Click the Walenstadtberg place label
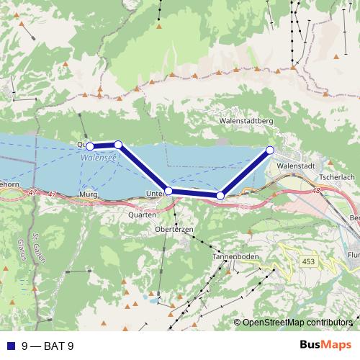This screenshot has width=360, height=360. coord(246,122)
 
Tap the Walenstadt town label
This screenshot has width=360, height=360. coord(296,165)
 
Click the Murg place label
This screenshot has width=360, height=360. coord(89,194)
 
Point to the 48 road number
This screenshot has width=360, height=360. coord(318,191)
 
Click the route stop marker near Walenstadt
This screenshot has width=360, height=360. coord(270,150)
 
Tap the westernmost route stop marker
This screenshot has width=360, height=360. coord(90,146)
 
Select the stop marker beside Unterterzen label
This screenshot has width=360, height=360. coord(168,191)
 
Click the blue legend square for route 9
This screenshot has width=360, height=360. coord(12,346)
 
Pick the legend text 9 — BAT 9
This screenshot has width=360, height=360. coord(48,346)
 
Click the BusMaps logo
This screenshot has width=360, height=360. coord(325,345)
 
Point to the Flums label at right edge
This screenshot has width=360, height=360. coord(353,253)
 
